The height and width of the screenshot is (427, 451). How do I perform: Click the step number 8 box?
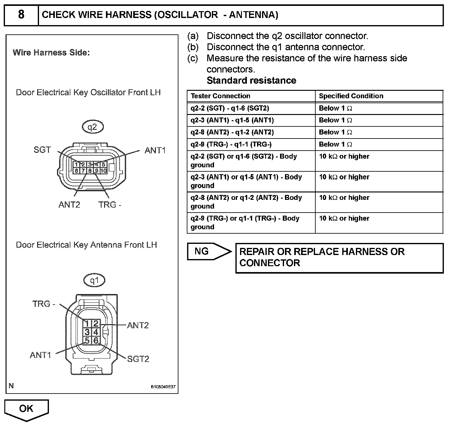coord(21,15)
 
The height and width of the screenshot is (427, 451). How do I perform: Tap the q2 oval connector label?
coord(92,127)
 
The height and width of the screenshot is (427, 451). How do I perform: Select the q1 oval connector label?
coord(94,280)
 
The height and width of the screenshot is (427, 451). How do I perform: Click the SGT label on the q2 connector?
coord(42,150)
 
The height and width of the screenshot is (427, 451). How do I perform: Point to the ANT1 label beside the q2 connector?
coord(155,151)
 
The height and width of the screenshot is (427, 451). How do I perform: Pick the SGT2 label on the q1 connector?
coord(138,359)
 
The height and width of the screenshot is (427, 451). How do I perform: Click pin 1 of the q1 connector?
coord(87,324)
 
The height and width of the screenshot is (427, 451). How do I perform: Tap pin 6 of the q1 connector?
coord(96,341)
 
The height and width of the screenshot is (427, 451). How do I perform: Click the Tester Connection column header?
coord(220,96)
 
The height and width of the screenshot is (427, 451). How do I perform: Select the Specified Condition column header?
coord(351,96)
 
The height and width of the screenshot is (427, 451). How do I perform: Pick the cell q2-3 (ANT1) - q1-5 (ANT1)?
coord(232,120)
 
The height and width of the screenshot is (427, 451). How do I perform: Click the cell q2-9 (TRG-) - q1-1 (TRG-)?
coord(231,144)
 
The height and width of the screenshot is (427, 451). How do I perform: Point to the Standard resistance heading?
coord(251,81)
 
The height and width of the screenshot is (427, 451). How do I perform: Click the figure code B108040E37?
coord(163,387)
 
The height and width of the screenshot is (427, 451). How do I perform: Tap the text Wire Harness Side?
coord(51,53)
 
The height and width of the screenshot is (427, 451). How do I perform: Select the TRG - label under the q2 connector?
coord(110,205)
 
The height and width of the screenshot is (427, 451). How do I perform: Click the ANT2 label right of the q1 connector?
coord(138,325)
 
